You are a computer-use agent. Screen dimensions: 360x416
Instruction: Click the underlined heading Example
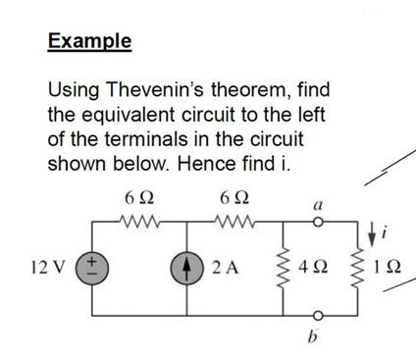(89, 41)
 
